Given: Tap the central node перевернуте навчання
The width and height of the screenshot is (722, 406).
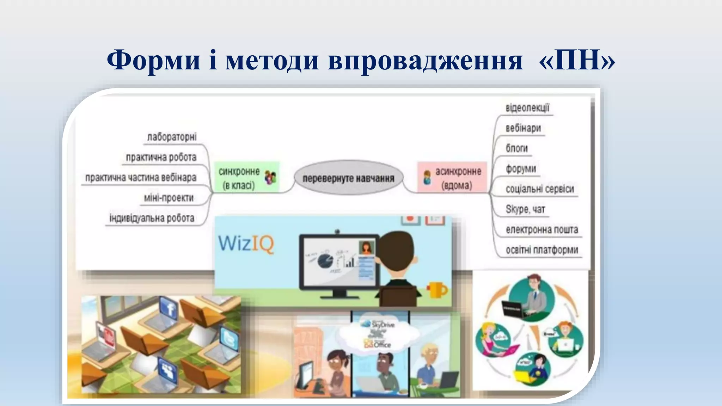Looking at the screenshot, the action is click(x=348, y=178).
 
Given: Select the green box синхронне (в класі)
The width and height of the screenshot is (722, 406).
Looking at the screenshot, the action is click(x=247, y=177).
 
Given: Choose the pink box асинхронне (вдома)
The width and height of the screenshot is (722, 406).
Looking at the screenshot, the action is click(x=452, y=177).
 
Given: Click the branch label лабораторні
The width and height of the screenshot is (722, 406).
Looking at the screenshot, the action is click(x=172, y=137).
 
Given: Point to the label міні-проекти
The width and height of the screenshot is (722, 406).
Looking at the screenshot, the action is click(x=169, y=198).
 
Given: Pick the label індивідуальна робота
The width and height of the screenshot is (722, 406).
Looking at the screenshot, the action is click(x=152, y=218).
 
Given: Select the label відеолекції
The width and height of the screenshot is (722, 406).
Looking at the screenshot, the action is click(x=527, y=107).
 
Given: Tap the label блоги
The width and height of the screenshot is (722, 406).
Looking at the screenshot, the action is click(x=516, y=148).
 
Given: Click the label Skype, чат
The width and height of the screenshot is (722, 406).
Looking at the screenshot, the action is click(x=525, y=209).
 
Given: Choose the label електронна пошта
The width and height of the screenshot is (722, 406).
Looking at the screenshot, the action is click(x=542, y=229).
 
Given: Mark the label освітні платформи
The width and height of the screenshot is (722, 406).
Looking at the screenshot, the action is click(x=542, y=250).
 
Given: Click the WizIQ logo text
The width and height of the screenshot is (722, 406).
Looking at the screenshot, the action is click(x=246, y=243).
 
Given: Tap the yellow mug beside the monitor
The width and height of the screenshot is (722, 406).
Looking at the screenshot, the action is click(x=438, y=290).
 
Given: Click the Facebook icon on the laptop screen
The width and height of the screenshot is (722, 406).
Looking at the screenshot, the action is click(x=170, y=309).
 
